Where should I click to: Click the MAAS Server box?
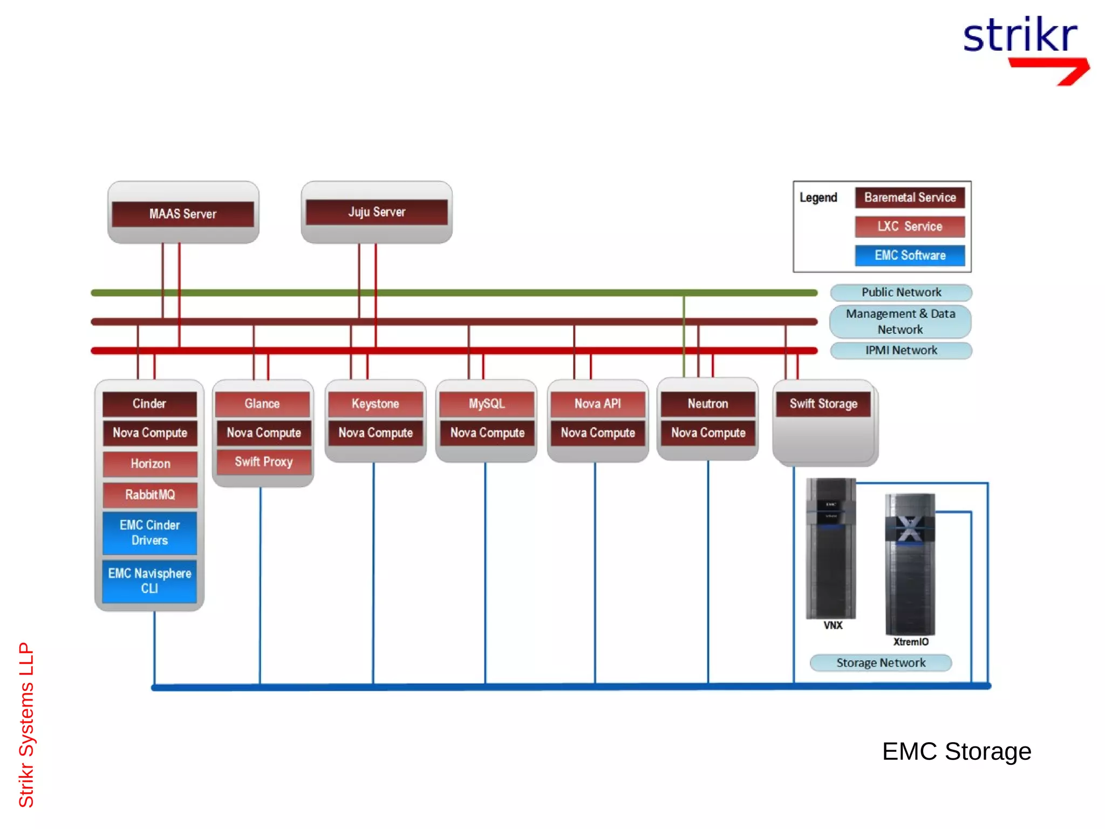point(183,214)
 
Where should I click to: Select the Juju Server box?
point(377,212)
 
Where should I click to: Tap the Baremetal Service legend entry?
point(910,198)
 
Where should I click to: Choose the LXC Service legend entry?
point(910,227)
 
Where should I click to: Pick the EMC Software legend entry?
point(910,255)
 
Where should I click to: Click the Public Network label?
point(901,293)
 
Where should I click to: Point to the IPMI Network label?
point(901,350)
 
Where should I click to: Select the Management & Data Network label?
point(900,322)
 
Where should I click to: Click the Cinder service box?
point(149,404)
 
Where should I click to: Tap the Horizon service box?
point(150,464)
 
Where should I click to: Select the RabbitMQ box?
point(150,494)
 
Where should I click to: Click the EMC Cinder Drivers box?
point(149,533)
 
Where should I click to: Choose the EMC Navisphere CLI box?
point(149,581)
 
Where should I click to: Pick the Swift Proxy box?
point(263,462)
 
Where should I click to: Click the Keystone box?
point(376,404)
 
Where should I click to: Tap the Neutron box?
point(708,404)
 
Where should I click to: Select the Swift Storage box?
point(823,404)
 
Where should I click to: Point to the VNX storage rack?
point(831,548)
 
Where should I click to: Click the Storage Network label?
point(881,663)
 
